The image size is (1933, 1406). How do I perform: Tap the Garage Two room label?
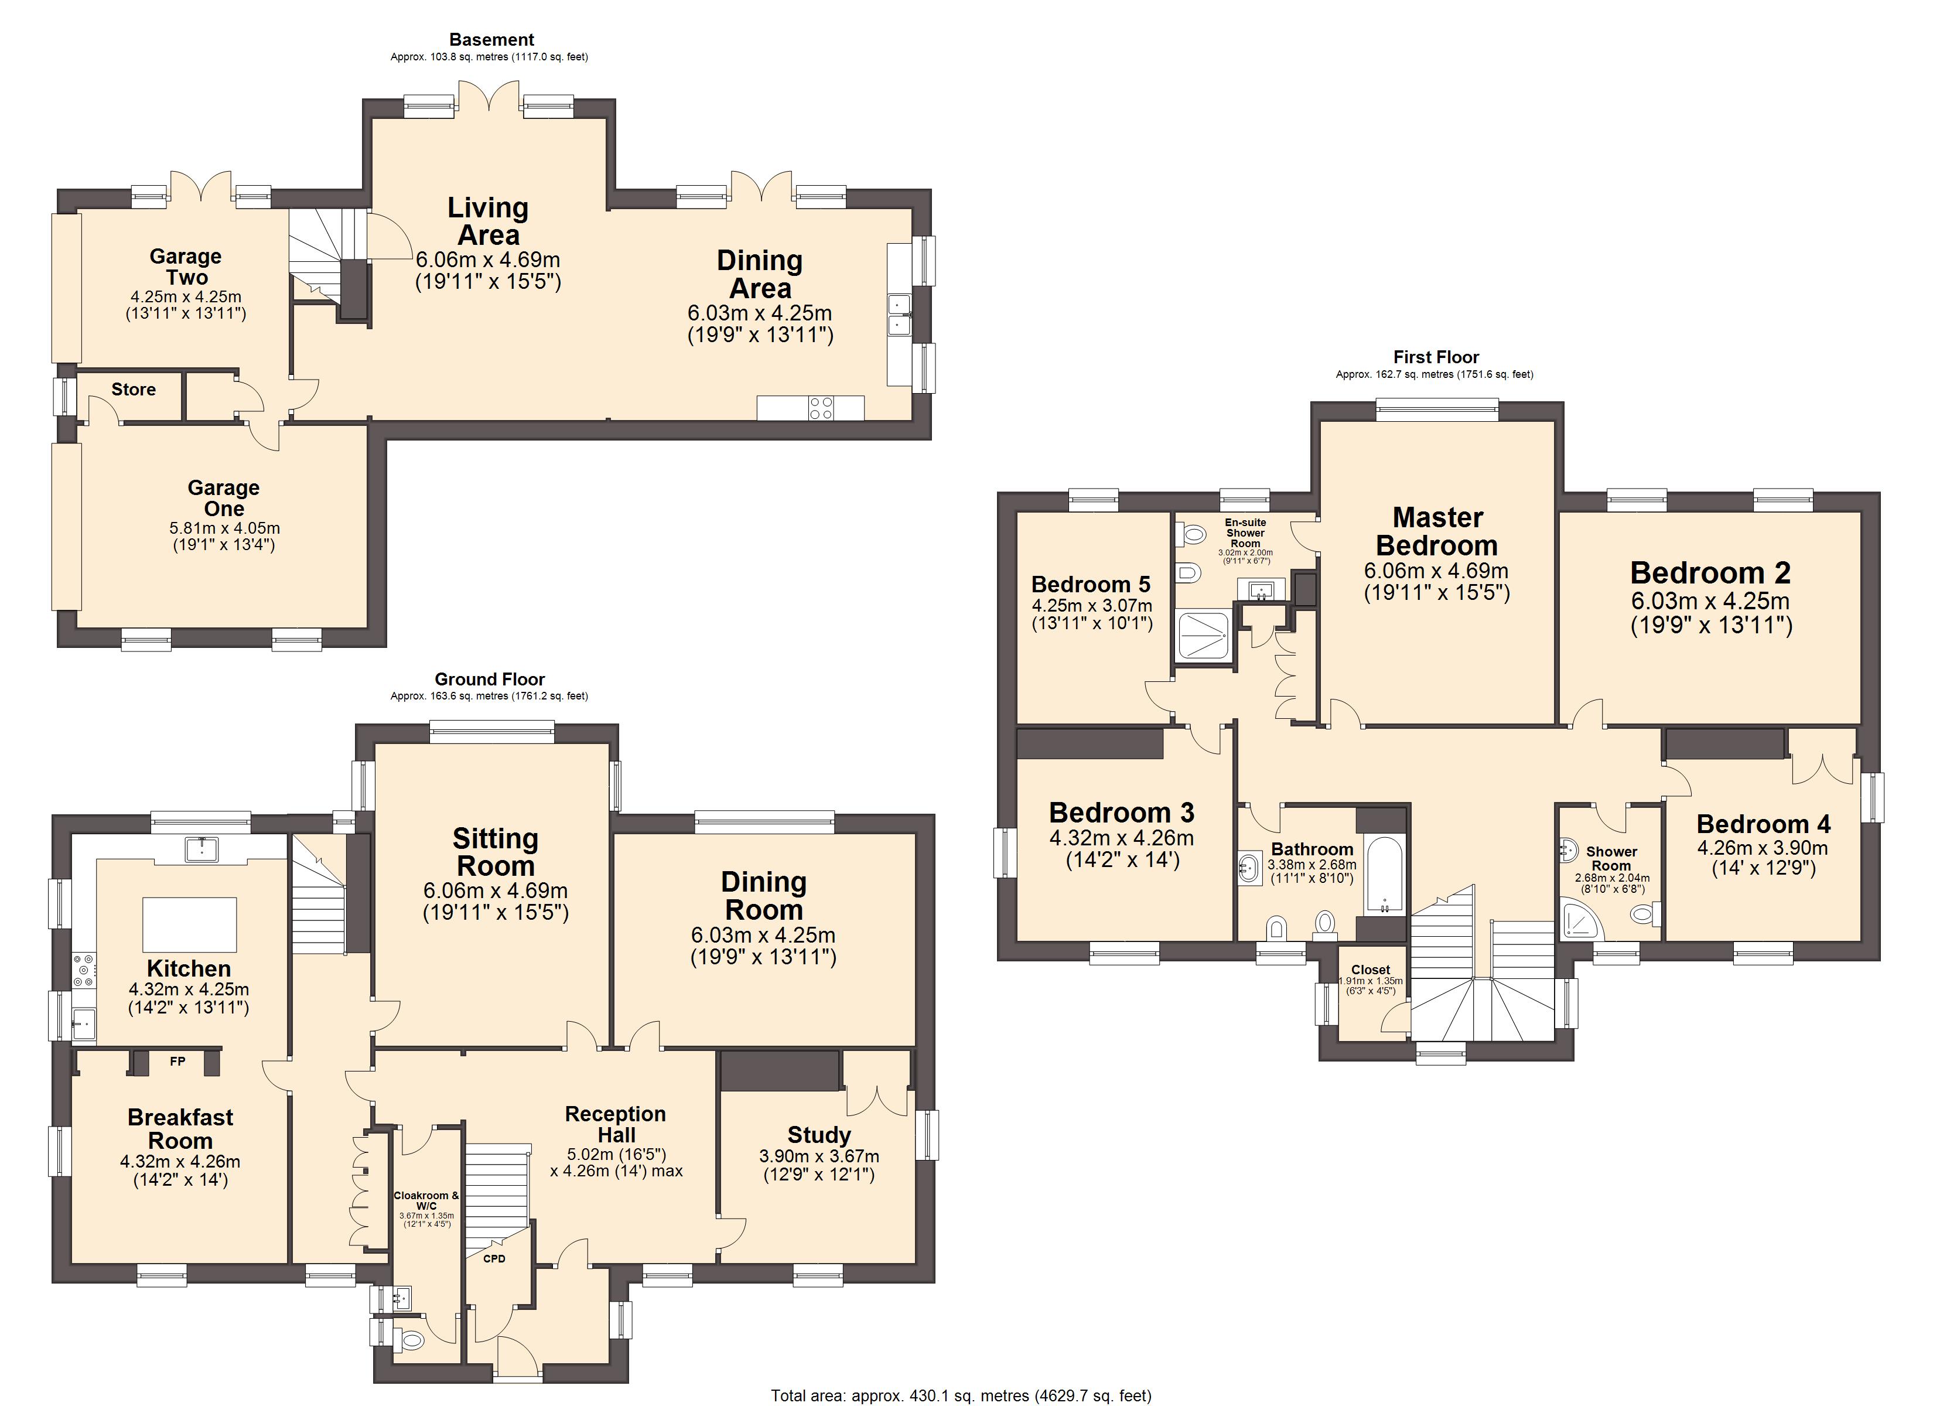pos(186,266)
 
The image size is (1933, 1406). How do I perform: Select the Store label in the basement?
pos(134,390)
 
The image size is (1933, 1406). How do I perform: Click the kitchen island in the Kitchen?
pos(189,923)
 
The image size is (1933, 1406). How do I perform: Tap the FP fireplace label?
pos(177,1062)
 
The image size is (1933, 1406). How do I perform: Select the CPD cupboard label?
pos(494,1258)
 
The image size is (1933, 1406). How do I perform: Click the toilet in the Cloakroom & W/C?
pos(412,1341)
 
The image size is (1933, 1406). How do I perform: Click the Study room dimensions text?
pos(818,1166)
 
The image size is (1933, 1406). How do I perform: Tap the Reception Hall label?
pos(616,1124)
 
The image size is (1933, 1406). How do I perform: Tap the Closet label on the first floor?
pos(1371,970)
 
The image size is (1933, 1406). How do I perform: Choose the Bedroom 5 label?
pos(1090,584)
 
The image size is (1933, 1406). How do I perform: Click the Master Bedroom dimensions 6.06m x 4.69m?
pos(1436,571)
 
